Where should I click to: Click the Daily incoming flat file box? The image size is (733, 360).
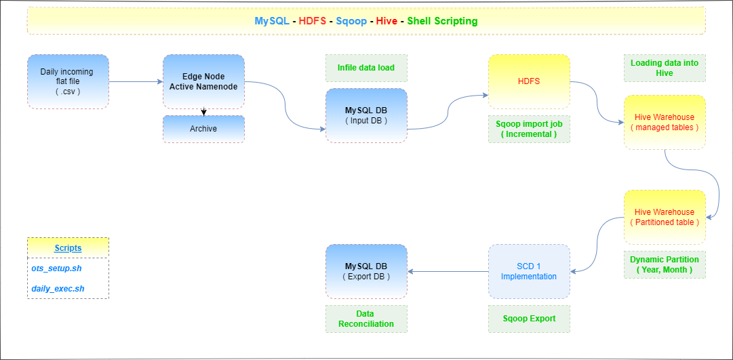68,81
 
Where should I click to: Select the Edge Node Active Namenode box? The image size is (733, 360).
203,81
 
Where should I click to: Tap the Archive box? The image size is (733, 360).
203,129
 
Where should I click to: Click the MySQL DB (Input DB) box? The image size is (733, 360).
366,115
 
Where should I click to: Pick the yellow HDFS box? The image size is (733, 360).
529,81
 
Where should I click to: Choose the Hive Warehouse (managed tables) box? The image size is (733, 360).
665,122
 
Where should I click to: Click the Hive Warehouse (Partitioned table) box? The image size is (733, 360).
665,217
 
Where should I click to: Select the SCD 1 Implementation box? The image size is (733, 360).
529,271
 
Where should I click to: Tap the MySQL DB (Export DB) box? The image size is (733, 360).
366,271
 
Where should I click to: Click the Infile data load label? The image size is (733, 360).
366,68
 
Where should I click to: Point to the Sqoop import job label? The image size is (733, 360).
529,129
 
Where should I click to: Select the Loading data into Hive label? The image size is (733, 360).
665,68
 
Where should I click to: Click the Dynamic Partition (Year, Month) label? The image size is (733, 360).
665,264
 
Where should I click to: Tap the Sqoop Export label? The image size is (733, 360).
529,319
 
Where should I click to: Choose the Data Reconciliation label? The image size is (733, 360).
366,319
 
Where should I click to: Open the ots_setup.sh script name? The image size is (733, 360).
56,268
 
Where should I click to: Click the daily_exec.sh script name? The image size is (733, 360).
58,289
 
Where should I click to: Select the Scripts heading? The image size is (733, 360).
68,248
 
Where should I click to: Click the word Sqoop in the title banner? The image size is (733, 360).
350,21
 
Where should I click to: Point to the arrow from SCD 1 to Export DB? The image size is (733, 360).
448,272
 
